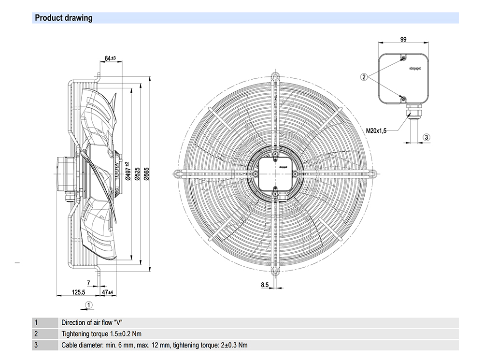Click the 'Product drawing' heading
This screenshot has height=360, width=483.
(x=64, y=18)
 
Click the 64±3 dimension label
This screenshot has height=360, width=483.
(x=110, y=58)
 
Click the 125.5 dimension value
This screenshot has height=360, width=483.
(x=78, y=292)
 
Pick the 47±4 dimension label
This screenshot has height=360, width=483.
(x=107, y=292)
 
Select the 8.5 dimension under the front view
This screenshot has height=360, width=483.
(x=265, y=285)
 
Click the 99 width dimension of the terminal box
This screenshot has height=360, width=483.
(x=403, y=39)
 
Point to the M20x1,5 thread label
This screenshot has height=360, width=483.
(x=375, y=130)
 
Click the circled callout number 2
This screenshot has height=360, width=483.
(x=365, y=76)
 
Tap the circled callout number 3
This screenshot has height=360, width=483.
(x=426, y=137)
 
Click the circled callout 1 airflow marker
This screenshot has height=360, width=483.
(x=89, y=304)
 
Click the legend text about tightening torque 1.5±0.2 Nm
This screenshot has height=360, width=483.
(x=101, y=334)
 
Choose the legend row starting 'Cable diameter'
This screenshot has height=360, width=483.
(x=155, y=345)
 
